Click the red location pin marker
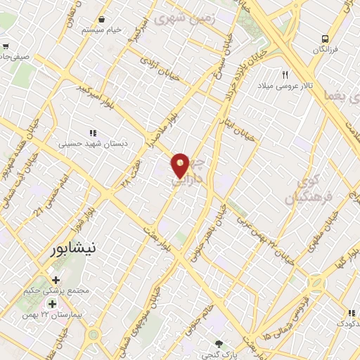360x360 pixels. click(181, 165)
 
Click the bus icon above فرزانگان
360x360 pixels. click(326, 39)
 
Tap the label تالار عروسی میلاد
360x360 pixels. click(287, 85)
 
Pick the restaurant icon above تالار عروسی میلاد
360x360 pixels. click(285, 75)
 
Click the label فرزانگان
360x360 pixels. click(326, 50)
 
